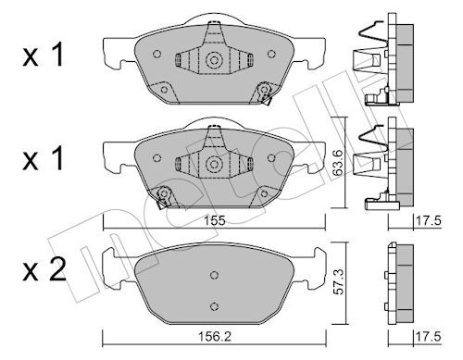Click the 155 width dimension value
[215, 221]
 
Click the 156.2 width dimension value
[215, 337]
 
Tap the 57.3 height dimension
[338, 281]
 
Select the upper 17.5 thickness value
[429, 221]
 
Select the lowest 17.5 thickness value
[429, 337]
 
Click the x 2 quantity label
[44, 269]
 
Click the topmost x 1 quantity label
[43, 55]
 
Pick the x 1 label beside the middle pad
[43, 159]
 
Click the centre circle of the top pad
[214, 60]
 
